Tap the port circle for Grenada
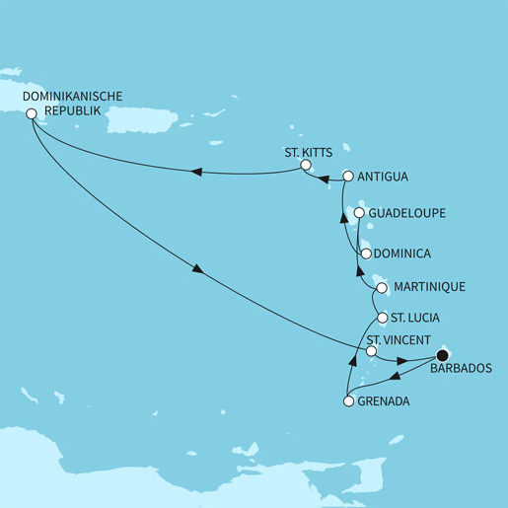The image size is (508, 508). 347,401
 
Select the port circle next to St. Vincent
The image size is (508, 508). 371,351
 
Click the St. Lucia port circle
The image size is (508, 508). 383,319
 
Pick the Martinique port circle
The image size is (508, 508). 381,287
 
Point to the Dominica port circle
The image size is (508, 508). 365,254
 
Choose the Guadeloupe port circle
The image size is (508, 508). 359,212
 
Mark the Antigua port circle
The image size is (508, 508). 347,178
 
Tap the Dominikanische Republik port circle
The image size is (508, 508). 32,113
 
